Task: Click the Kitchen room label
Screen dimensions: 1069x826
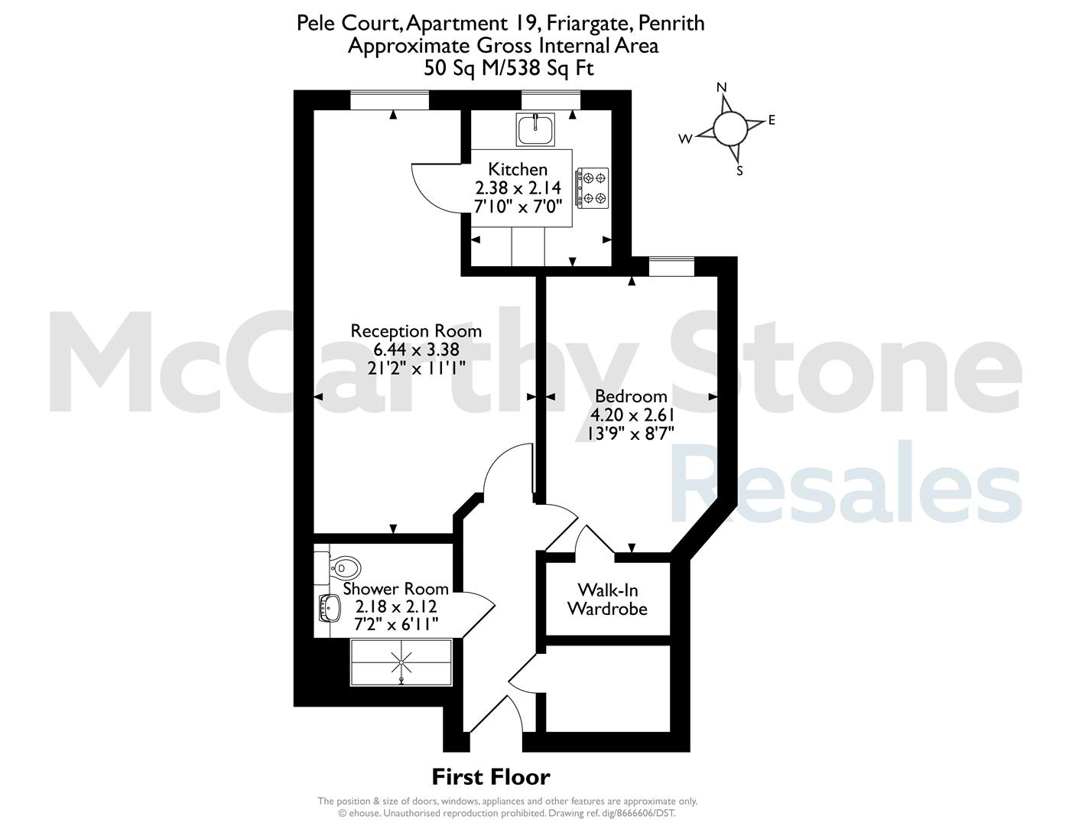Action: coord(518,169)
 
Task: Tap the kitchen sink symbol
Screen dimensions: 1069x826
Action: coord(535,129)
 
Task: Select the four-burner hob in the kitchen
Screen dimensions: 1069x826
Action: coord(593,188)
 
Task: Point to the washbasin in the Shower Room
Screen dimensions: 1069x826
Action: coord(330,609)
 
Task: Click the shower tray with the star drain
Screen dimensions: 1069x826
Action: coord(401,662)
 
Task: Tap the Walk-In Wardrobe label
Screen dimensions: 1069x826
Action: coord(608,599)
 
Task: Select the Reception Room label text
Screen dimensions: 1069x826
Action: coord(416,331)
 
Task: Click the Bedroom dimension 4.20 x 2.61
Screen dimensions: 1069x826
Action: coord(632,415)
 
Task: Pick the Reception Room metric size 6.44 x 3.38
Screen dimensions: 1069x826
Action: coord(416,350)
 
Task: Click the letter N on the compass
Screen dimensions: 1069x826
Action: coord(722,87)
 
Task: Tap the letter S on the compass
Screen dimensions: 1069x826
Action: coord(739,171)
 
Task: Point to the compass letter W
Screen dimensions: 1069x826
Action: coord(685,139)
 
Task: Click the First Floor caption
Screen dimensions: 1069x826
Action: coord(491,777)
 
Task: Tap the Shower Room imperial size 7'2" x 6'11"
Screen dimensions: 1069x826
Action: coord(396,624)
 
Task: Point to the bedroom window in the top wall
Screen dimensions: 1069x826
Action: coord(671,266)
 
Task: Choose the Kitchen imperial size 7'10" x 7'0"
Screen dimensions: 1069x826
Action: coord(518,206)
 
